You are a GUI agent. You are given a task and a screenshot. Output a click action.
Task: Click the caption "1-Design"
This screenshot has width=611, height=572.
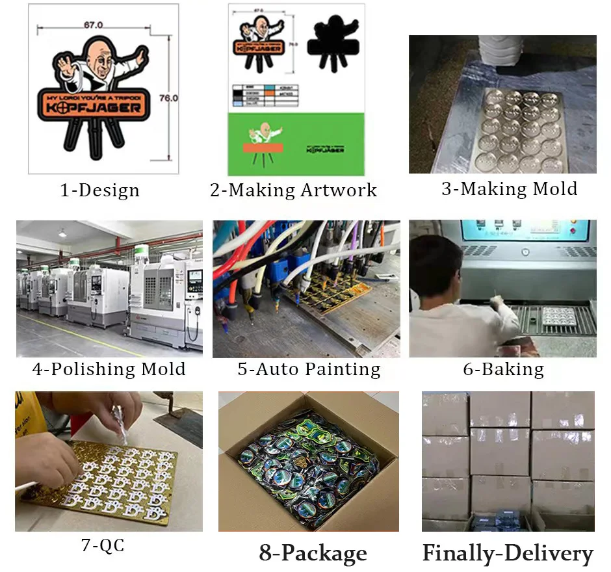pos(99,190)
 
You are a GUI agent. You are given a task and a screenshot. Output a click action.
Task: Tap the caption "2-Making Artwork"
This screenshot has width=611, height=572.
pos(293,190)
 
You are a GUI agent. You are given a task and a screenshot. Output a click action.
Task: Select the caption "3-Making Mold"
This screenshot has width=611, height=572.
pos(509,189)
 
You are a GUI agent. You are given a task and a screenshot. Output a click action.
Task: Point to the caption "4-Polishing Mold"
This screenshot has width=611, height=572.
pos(109,369)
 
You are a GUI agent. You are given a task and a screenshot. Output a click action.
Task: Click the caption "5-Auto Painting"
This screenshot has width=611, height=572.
pos(309,369)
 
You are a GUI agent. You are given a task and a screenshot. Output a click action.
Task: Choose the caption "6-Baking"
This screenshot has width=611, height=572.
pos(503,369)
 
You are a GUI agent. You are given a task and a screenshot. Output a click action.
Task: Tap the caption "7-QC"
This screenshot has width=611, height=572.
pos(103,545)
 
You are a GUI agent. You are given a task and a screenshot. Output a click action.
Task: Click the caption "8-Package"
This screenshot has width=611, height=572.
pos(313,553)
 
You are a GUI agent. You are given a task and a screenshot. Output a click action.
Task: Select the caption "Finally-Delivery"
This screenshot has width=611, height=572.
pos(508,553)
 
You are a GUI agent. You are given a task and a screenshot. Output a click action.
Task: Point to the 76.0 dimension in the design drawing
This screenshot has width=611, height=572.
pos(168,97)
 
